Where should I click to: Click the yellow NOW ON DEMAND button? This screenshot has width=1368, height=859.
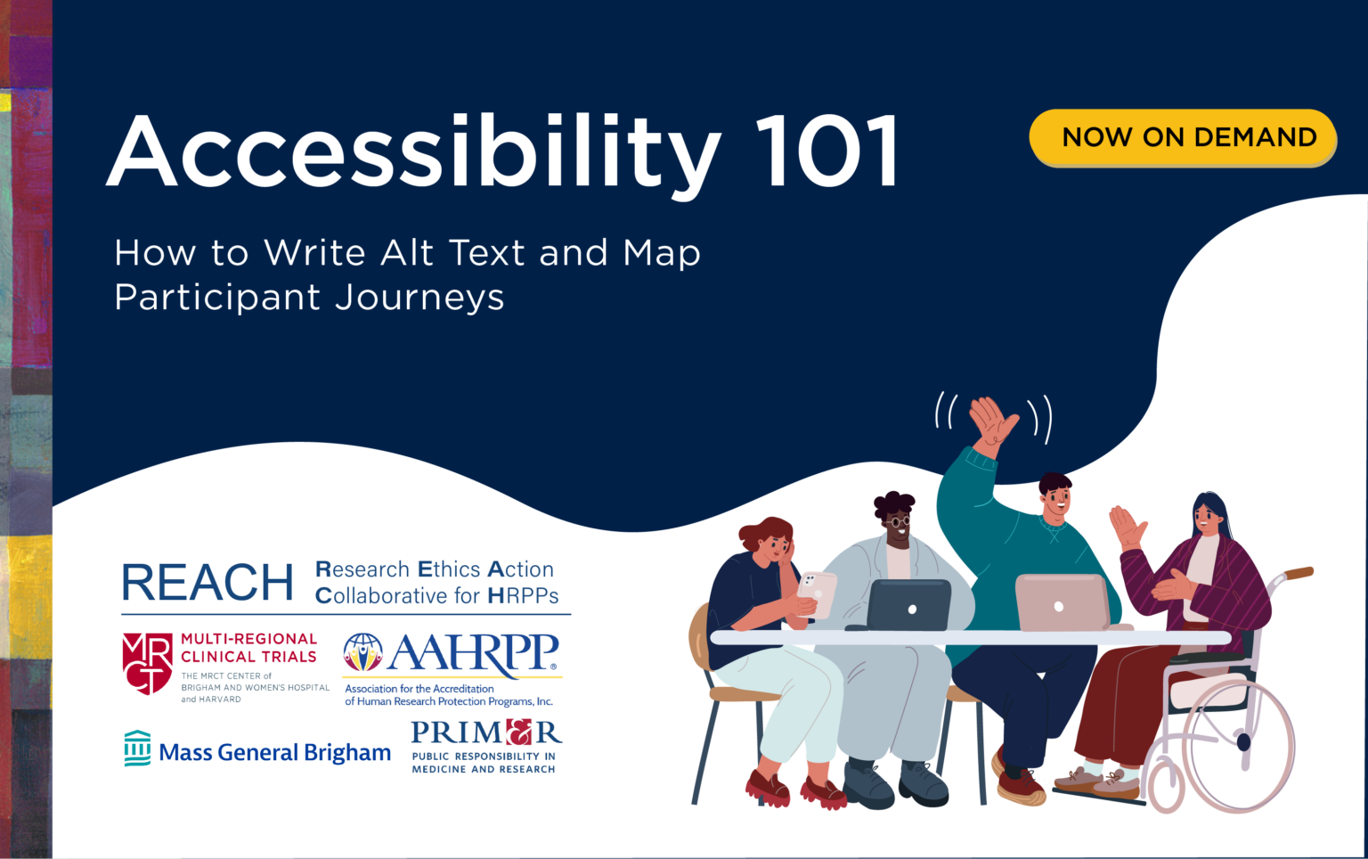(1183, 137)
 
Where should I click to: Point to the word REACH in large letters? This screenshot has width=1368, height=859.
(208, 583)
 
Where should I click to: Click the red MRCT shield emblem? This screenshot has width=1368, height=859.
(147, 663)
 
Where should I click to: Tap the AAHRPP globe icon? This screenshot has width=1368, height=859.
(362, 652)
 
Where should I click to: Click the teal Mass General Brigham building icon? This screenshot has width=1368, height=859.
(137, 749)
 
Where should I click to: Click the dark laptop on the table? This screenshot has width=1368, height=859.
(908, 605)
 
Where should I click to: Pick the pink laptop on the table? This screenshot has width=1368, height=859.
(1062, 602)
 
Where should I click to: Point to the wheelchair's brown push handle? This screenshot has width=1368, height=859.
(1298, 573)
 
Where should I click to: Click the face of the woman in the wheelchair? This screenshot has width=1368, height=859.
(1208, 518)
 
